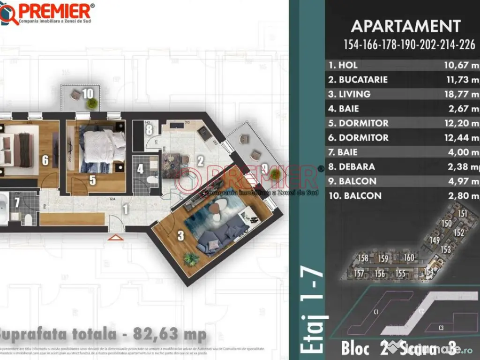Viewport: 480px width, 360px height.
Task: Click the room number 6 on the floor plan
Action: tap(45, 160)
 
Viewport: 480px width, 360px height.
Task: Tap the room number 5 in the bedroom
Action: tap(93, 180)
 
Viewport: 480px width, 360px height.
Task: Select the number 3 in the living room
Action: tap(180, 236)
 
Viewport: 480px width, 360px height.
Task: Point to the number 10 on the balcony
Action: tap(88, 93)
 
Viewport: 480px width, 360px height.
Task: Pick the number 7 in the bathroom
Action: tap(17, 202)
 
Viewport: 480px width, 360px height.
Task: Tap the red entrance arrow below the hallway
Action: tap(113, 238)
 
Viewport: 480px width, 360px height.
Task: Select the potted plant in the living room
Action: tap(191, 258)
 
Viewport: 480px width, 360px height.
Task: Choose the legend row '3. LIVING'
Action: tap(349, 94)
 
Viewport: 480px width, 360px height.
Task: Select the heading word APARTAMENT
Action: tap(406, 26)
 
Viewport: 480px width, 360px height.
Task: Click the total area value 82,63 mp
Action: tap(170, 334)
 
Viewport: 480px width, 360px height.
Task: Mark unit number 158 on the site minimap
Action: tap(363, 258)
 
